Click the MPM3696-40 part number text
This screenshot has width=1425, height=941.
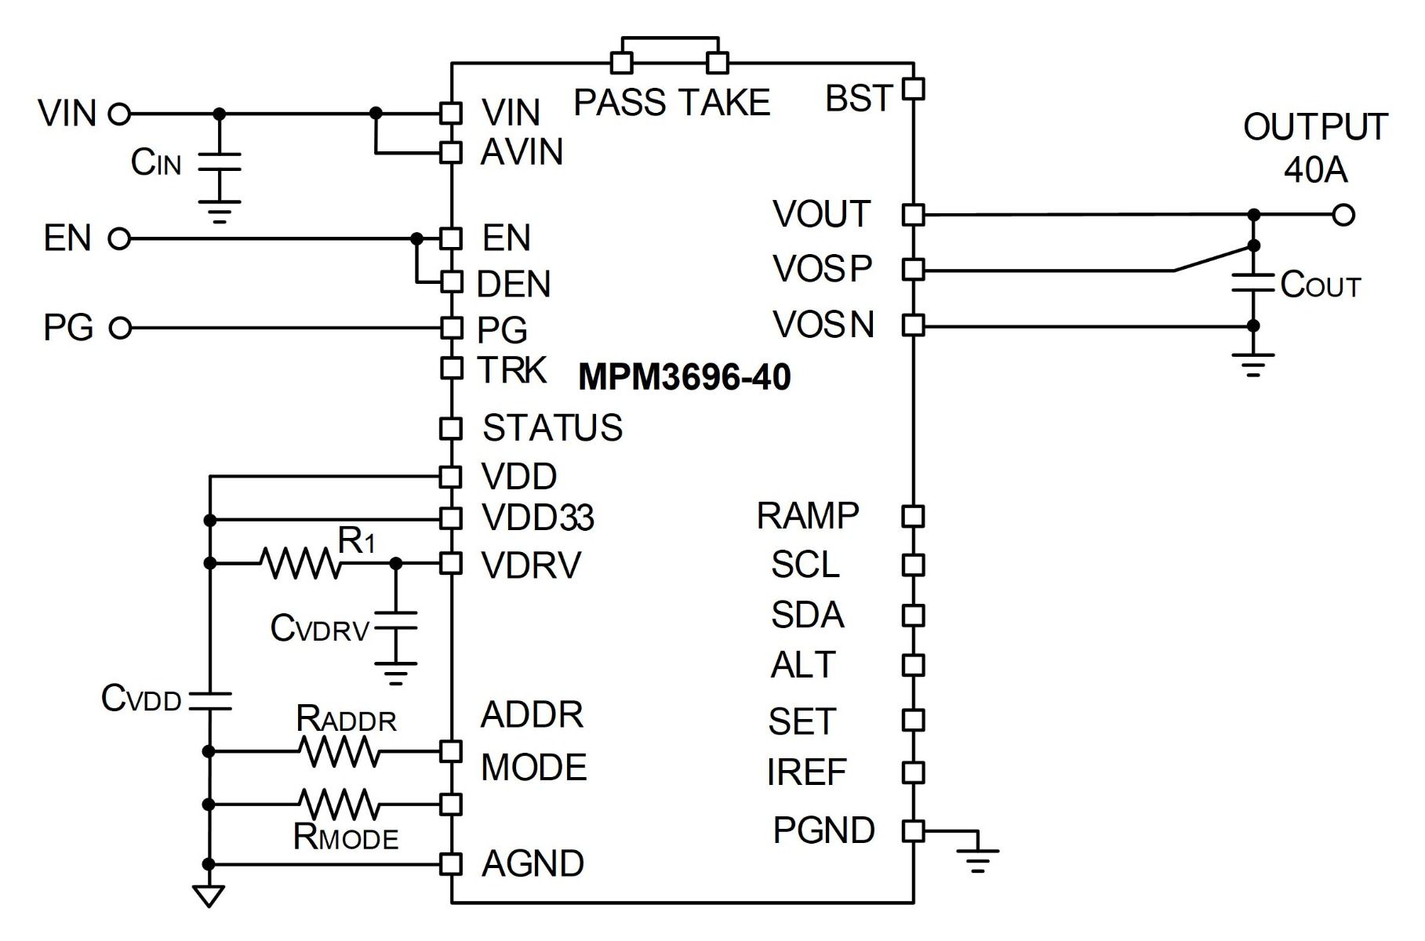(x=684, y=377)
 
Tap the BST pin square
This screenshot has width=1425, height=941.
(x=914, y=89)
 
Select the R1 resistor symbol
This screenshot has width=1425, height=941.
(x=301, y=563)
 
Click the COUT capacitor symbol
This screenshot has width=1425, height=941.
(x=1253, y=283)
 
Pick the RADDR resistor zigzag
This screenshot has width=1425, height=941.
(x=339, y=751)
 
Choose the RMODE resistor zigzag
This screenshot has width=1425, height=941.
(x=339, y=805)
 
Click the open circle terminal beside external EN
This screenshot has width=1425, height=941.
(x=119, y=238)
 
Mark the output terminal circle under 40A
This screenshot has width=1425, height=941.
(x=1343, y=214)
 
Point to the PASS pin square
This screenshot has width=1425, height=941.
(x=622, y=63)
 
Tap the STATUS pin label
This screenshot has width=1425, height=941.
(x=552, y=428)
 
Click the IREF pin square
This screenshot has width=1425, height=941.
(x=914, y=772)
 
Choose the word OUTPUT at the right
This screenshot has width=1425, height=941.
(x=1315, y=128)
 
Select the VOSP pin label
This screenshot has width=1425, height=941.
(x=822, y=269)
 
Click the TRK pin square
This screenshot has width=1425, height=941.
(x=451, y=368)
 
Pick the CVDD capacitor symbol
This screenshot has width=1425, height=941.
(x=209, y=701)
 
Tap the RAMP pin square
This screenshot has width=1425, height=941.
(x=914, y=516)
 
